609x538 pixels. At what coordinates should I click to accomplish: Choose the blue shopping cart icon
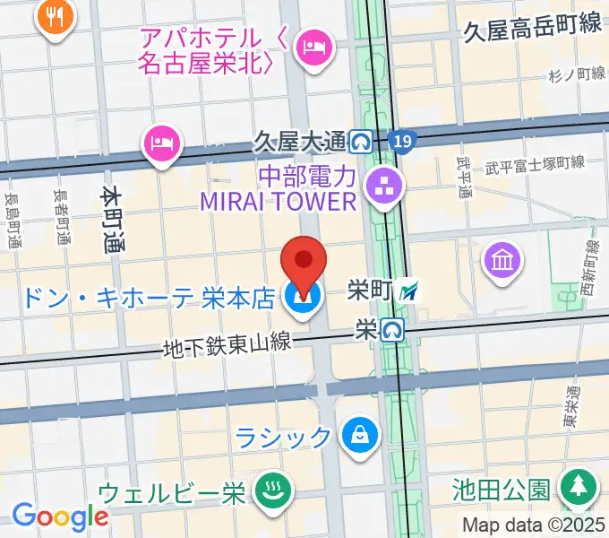point(303,299)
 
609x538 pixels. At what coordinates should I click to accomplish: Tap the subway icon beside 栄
point(390,330)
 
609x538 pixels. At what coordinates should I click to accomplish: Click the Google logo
point(60,517)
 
